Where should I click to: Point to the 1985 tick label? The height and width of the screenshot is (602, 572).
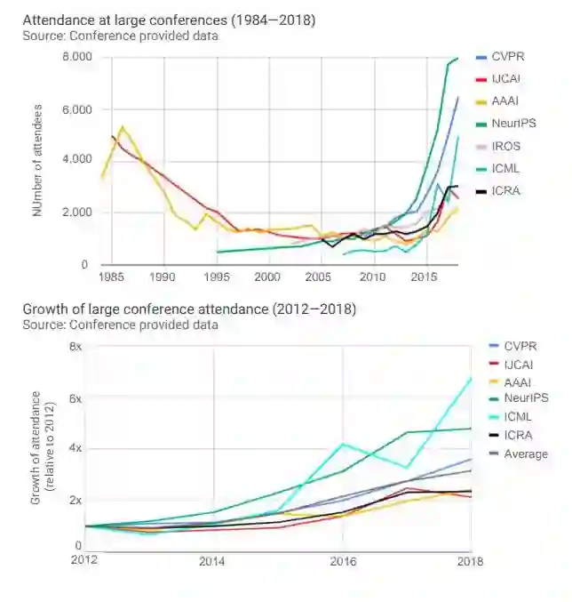[111, 277]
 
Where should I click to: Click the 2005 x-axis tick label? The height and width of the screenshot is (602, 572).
[321, 277]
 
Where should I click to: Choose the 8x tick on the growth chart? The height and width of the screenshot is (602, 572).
[75, 346]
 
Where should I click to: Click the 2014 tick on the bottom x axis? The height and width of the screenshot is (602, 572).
[211, 561]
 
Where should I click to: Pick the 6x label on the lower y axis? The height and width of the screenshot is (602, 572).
[75, 398]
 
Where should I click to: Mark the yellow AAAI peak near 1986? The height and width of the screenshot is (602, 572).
[122, 126]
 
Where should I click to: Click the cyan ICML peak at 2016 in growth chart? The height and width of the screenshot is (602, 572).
[343, 444]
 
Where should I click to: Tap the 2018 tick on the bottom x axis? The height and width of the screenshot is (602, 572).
[471, 561]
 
